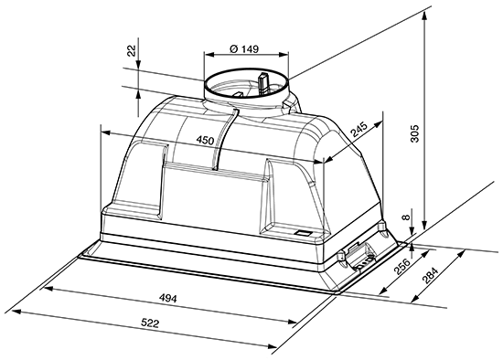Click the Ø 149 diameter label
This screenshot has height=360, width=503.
point(244,49)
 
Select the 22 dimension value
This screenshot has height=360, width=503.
point(132,50)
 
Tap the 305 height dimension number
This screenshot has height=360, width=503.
point(415,133)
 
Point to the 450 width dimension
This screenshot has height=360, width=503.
point(205,140)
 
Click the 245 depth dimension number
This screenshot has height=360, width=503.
point(359,129)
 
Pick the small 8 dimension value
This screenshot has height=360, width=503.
point(406,217)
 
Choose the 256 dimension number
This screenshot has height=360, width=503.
point(401,267)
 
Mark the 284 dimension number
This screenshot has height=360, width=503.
point(430,276)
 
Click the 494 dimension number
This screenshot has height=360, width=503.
point(168,299)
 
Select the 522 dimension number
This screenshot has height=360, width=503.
point(150,323)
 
